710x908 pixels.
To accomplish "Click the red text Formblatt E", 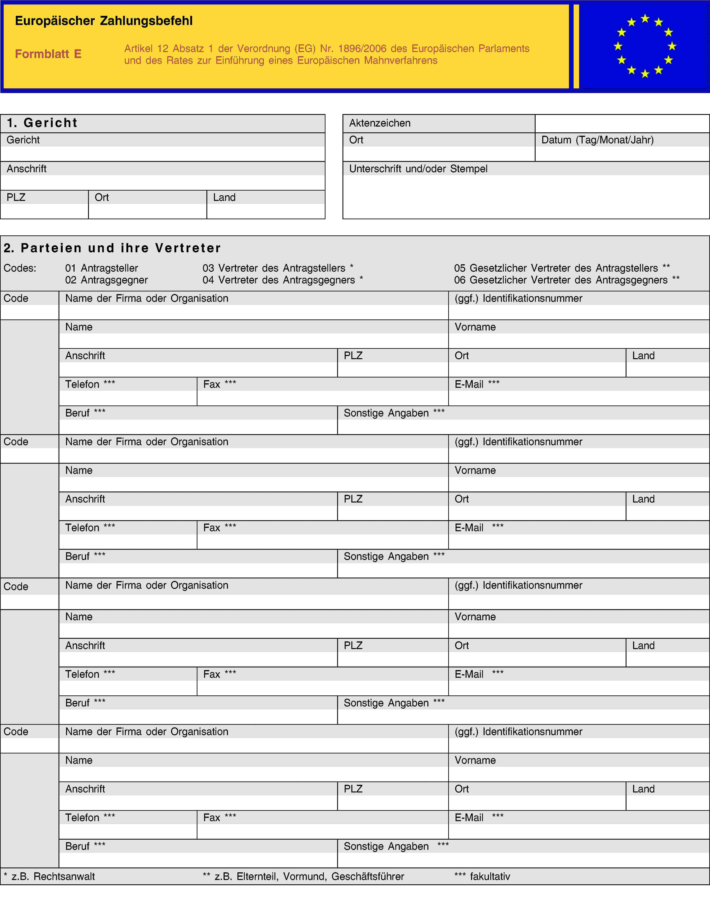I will pyautogui.click(x=48, y=54).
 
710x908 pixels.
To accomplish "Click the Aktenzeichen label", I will pyautogui.click(x=380, y=123).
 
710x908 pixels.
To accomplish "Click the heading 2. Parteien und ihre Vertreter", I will pyautogui.click(x=112, y=248).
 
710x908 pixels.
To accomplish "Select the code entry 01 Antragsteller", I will pyautogui.click(x=101, y=268).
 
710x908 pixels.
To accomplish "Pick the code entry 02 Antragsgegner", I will pyautogui.click(x=106, y=280).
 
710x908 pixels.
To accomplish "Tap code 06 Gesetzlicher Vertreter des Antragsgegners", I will pyautogui.click(x=566, y=280).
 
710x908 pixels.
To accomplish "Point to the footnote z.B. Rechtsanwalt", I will pyautogui.click(x=49, y=877).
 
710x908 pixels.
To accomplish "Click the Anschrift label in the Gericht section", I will pyautogui.click(x=27, y=169).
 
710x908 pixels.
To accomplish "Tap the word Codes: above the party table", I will pyautogui.click(x=20, y=268).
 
